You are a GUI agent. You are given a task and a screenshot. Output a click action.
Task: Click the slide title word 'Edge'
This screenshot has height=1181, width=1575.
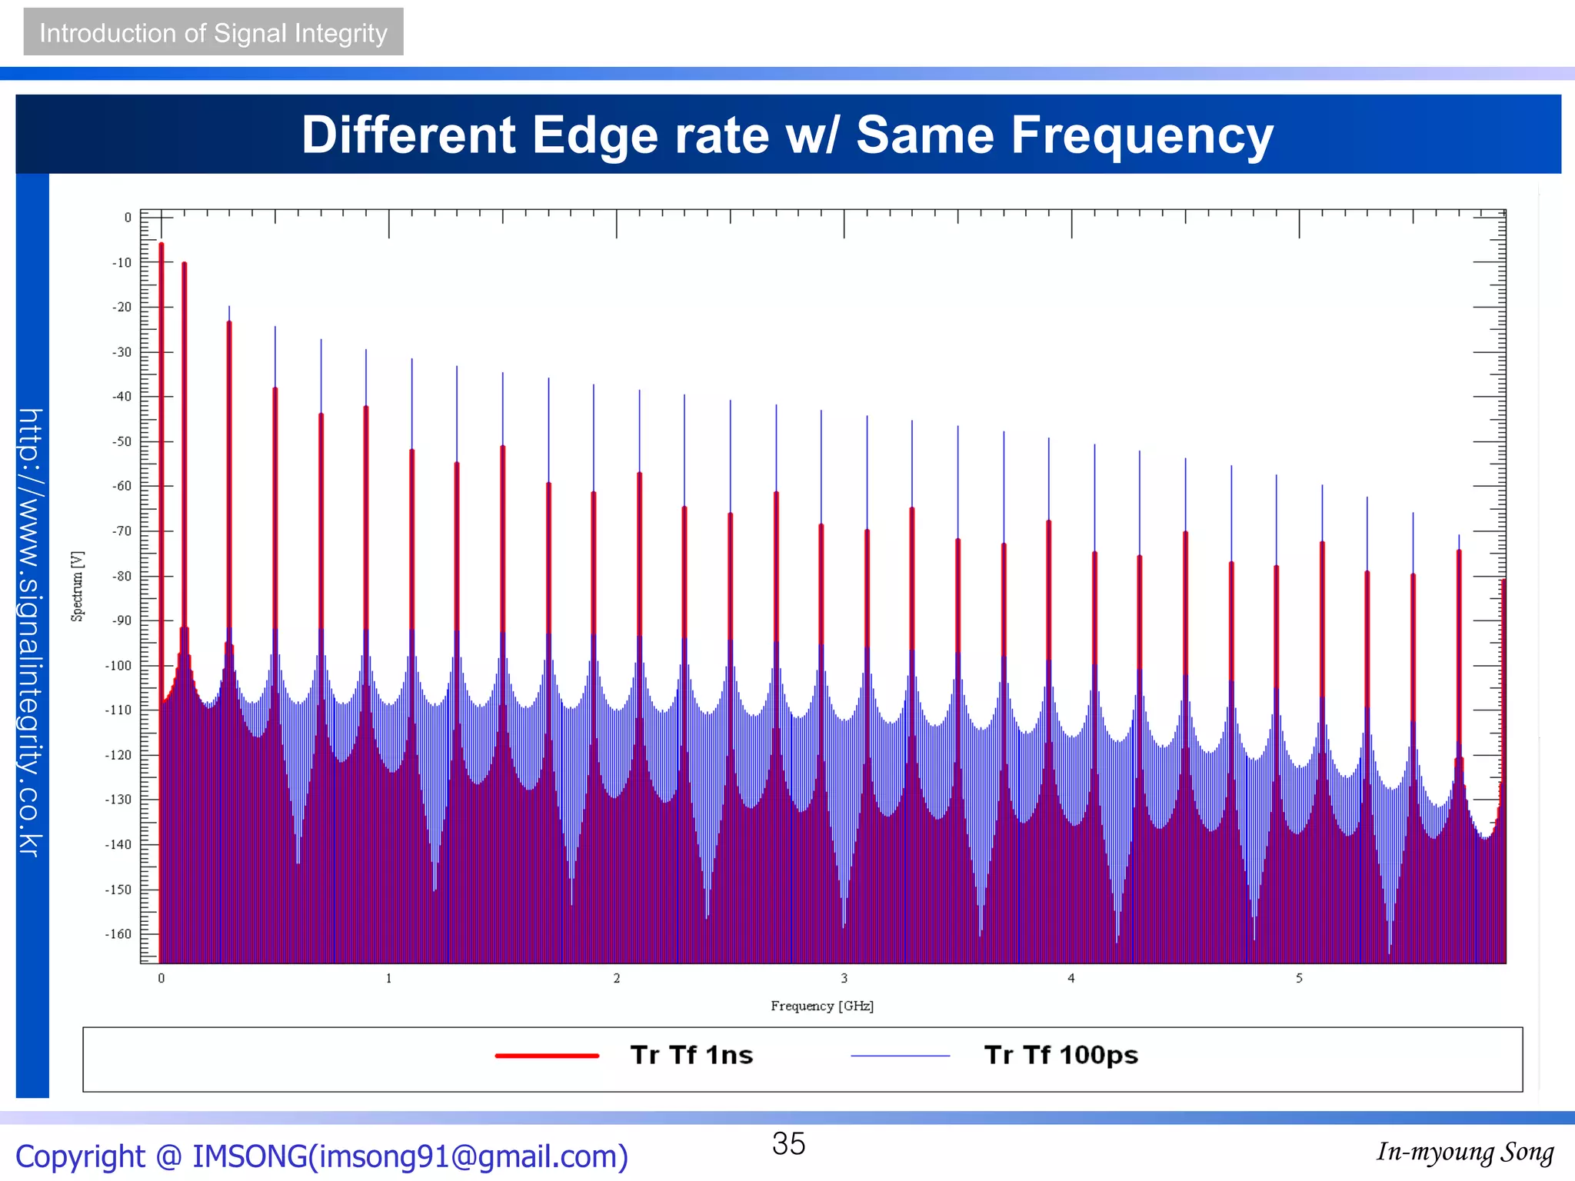pyautogui.click(x=594, y=135)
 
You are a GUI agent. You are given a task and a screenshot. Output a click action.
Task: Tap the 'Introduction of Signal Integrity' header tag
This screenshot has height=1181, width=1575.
pyautogui.click(x=213, y=32)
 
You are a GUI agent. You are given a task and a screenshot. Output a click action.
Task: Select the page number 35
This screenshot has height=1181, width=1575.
pyautogui.click(x=788, y=1143)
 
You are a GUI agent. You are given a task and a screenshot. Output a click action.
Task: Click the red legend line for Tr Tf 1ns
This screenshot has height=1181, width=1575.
pyautogui.click(x=547, y=1056)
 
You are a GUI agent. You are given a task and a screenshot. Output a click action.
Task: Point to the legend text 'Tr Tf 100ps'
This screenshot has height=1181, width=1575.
pyautogui.click(x=1061, y=1055)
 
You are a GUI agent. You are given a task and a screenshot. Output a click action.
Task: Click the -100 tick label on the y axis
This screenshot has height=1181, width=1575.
pyautogui.click(x=118, y=666)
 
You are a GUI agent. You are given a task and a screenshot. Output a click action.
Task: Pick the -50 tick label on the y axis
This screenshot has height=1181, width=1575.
pyautogui.click(x=122, y=442)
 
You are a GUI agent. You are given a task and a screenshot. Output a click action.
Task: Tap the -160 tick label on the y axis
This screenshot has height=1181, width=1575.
pyautogui.click(x=118, y=934)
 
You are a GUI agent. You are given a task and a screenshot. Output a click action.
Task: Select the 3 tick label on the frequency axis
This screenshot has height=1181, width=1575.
pyautogui.click(x=844, y=978)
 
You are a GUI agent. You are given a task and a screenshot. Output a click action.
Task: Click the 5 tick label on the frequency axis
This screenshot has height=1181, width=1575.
pyautogui.click(x=1299, y=978)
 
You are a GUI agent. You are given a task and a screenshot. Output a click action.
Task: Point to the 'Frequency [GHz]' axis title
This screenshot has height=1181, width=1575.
pyautogui.click(x=822, y=1006)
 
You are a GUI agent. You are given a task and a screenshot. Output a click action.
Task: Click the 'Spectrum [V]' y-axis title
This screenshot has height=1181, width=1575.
pyautogui.click(x=78, y=586)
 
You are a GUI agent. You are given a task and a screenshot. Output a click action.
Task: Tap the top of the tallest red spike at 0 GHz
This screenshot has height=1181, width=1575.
pyautogui.click(x=161, y=245)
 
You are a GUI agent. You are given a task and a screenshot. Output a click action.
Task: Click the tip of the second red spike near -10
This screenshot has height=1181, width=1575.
pyautogui.click(x=185, y=264)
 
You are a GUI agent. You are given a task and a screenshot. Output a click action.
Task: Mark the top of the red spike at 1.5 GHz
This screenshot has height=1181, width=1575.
pyautogui.click(x=503, y=447)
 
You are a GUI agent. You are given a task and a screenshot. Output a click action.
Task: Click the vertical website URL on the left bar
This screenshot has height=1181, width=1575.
pyautogui.click(x=31, y=632)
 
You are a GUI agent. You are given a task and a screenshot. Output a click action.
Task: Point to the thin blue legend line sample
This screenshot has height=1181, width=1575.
pyautogui.click(x=901, y=1056)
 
